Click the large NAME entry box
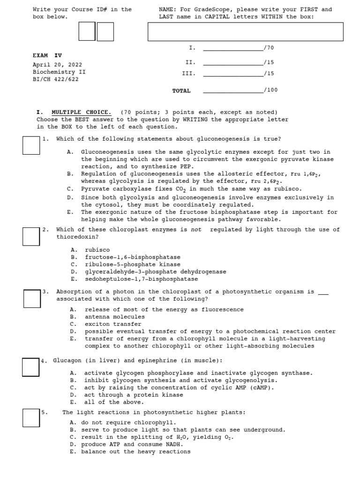245,32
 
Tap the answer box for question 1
31,145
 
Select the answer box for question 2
31,236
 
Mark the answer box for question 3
32,299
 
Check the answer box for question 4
31,367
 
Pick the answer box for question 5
31,418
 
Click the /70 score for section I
269,48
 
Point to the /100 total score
270,90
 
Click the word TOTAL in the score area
181,91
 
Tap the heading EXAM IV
47,55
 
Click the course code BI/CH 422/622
56,80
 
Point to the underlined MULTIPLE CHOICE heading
81,112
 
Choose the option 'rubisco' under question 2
97,250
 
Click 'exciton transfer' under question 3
112,324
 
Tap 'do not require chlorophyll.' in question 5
122,422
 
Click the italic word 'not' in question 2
196,230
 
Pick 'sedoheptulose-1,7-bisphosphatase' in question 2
141,279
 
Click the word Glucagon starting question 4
67,360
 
